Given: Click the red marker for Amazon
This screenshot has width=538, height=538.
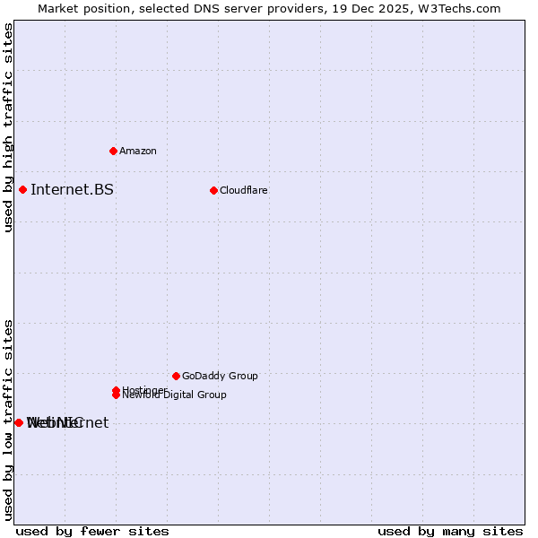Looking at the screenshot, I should click(x=113, y=151).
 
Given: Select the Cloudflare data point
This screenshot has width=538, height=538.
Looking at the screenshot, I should click(x=213, y=190).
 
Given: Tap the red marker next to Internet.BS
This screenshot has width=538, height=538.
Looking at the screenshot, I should click(x=22, y=189).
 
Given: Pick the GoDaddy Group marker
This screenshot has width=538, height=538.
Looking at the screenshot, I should click(x=176, y=376).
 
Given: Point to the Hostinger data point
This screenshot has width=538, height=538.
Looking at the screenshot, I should click(x=116, y=390).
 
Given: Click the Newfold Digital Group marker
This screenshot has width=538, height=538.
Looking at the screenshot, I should click(x=116, y=395).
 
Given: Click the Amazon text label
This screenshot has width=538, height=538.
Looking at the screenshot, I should click(x=138, y=151).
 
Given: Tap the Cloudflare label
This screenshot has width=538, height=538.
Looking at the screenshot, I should click(x=244, y=190).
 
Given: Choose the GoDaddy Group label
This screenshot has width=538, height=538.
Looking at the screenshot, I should click(x=220, y=376).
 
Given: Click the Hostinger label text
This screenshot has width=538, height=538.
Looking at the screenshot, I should click(x=143, y=389).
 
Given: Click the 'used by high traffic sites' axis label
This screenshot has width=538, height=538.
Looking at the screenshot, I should click(x=8, y=128).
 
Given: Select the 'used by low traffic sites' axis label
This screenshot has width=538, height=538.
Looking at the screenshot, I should click(x=8, y=419).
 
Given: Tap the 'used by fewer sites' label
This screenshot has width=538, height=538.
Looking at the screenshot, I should click(x=92, y=531).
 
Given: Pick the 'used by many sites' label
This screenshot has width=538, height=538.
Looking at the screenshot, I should click(x=450, y=531).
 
